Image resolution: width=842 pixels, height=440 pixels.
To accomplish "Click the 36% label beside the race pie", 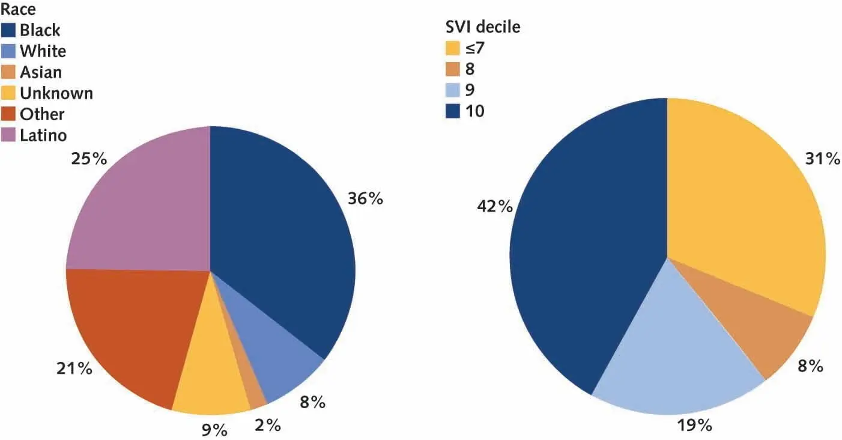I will tap(365, 199).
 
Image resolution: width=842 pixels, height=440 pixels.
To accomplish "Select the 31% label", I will tap(823, 159).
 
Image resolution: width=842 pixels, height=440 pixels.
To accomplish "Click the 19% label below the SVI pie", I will tap(695, 425).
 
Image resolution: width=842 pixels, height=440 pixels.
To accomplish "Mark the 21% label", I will tap(74, 368).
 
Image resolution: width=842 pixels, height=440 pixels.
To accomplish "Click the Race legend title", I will tap(19, 10).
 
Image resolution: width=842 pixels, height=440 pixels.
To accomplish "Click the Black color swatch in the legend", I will tap(10, 30).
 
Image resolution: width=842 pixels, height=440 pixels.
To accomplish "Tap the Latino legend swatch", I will tap(10, 135).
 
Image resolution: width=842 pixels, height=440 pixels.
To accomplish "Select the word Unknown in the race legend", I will tap(56, 93).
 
